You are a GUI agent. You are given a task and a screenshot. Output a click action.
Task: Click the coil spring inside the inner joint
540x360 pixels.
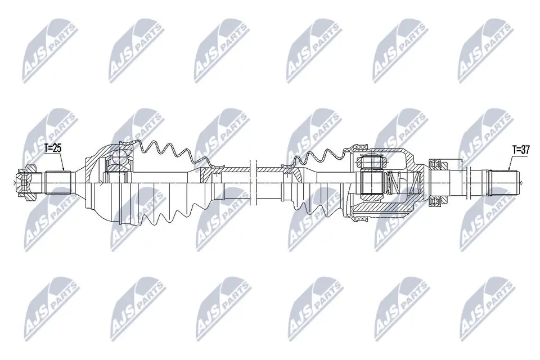(x=394, y=181)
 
